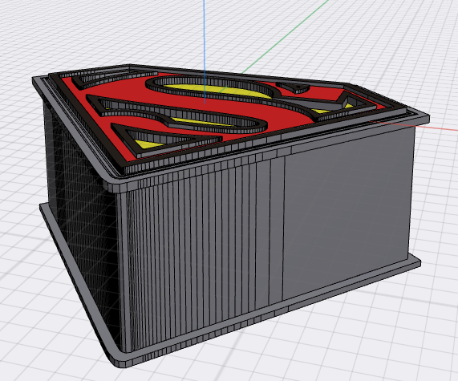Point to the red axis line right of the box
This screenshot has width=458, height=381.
[437, 127]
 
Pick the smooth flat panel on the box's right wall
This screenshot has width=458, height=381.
[345, 209]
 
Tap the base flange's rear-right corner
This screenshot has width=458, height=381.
[419, 261]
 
